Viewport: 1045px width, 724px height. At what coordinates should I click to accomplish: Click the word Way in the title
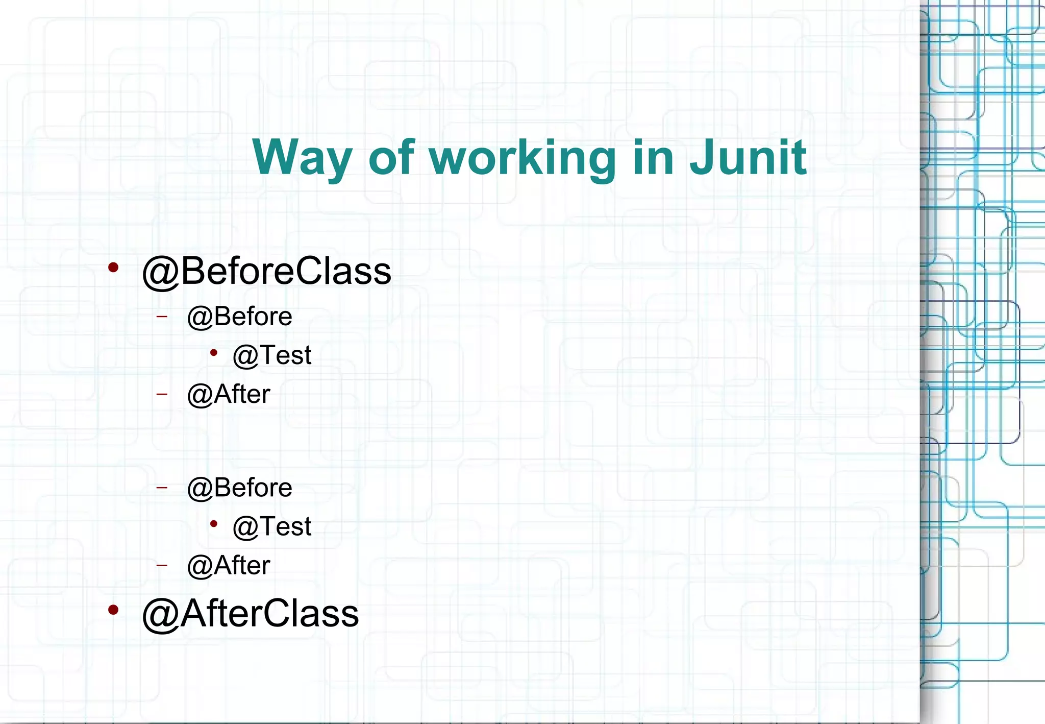[302, 158]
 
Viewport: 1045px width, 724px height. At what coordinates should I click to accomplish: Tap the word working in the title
[522, 158]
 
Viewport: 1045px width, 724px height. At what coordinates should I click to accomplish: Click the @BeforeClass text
[266, 271]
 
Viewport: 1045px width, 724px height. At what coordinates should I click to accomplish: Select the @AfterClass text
[250, 613]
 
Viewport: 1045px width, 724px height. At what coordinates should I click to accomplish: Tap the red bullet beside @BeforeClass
[113, 267]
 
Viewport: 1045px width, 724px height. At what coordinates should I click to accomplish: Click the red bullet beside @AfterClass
[113, 609]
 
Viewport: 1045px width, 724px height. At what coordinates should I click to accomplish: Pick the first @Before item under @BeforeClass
[239, 317]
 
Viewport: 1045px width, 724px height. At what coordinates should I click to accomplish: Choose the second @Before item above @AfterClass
[239, 488]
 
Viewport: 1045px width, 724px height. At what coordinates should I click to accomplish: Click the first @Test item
[272, 355]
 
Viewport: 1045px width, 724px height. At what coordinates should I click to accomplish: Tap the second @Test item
[272, 526]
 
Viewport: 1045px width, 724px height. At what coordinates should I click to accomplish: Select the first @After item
[229, 394]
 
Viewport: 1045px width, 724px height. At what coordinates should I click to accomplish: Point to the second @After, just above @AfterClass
[229, 565]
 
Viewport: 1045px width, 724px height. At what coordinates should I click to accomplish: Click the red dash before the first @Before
[162, 317]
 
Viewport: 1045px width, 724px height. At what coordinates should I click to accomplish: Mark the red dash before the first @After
[162, 394]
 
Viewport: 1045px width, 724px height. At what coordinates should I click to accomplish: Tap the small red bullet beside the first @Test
[214, 352]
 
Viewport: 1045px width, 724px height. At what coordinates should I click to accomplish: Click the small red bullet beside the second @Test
[214, 523]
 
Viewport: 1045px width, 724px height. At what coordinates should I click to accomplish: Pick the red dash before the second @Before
[162, 488]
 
